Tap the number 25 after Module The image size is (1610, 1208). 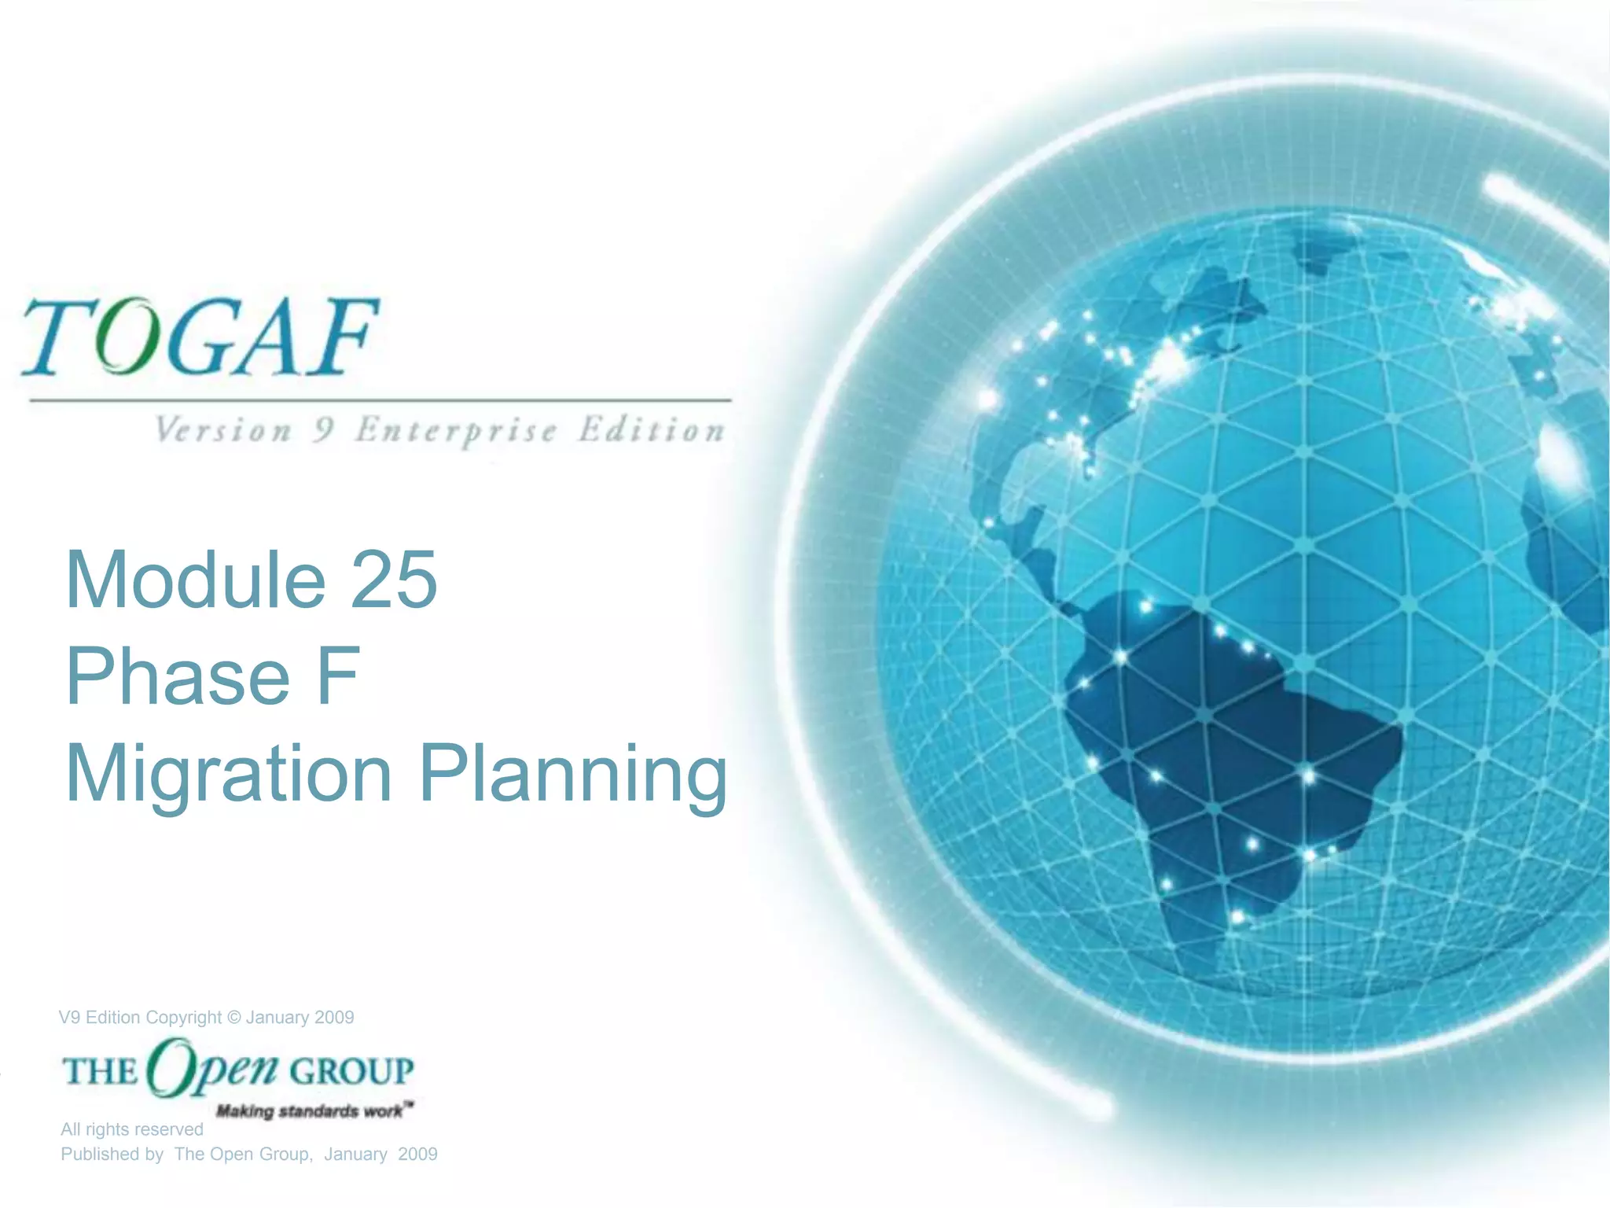pyautogui.click(x=393, y=580)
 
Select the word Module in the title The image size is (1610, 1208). pyautogui.click(x=196, y=580)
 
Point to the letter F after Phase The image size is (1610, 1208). pyautogui.click(x=339, y=676)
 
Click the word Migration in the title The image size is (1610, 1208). pyautogui.click(x=229, y=775)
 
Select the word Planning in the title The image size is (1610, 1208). pyautogui.click(x=573, y=775)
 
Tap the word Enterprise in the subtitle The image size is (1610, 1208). pyautogui.click(x=456, y=431)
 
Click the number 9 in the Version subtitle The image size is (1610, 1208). pyautogui.click(x=322, y=431)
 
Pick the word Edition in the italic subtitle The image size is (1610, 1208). pyautogui.click(x=652, y=431)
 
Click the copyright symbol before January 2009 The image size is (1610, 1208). pyautogui.click(x=233, y=1018)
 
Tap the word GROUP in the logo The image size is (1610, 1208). pyautogui.click(x=351, y=1071)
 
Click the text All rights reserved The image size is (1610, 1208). pyautogui.click(x=132, y=1129)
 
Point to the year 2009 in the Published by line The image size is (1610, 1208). pyautogui.click(x=417, y=1155)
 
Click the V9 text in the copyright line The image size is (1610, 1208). pyautogui.click(x=69, y=1018)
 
